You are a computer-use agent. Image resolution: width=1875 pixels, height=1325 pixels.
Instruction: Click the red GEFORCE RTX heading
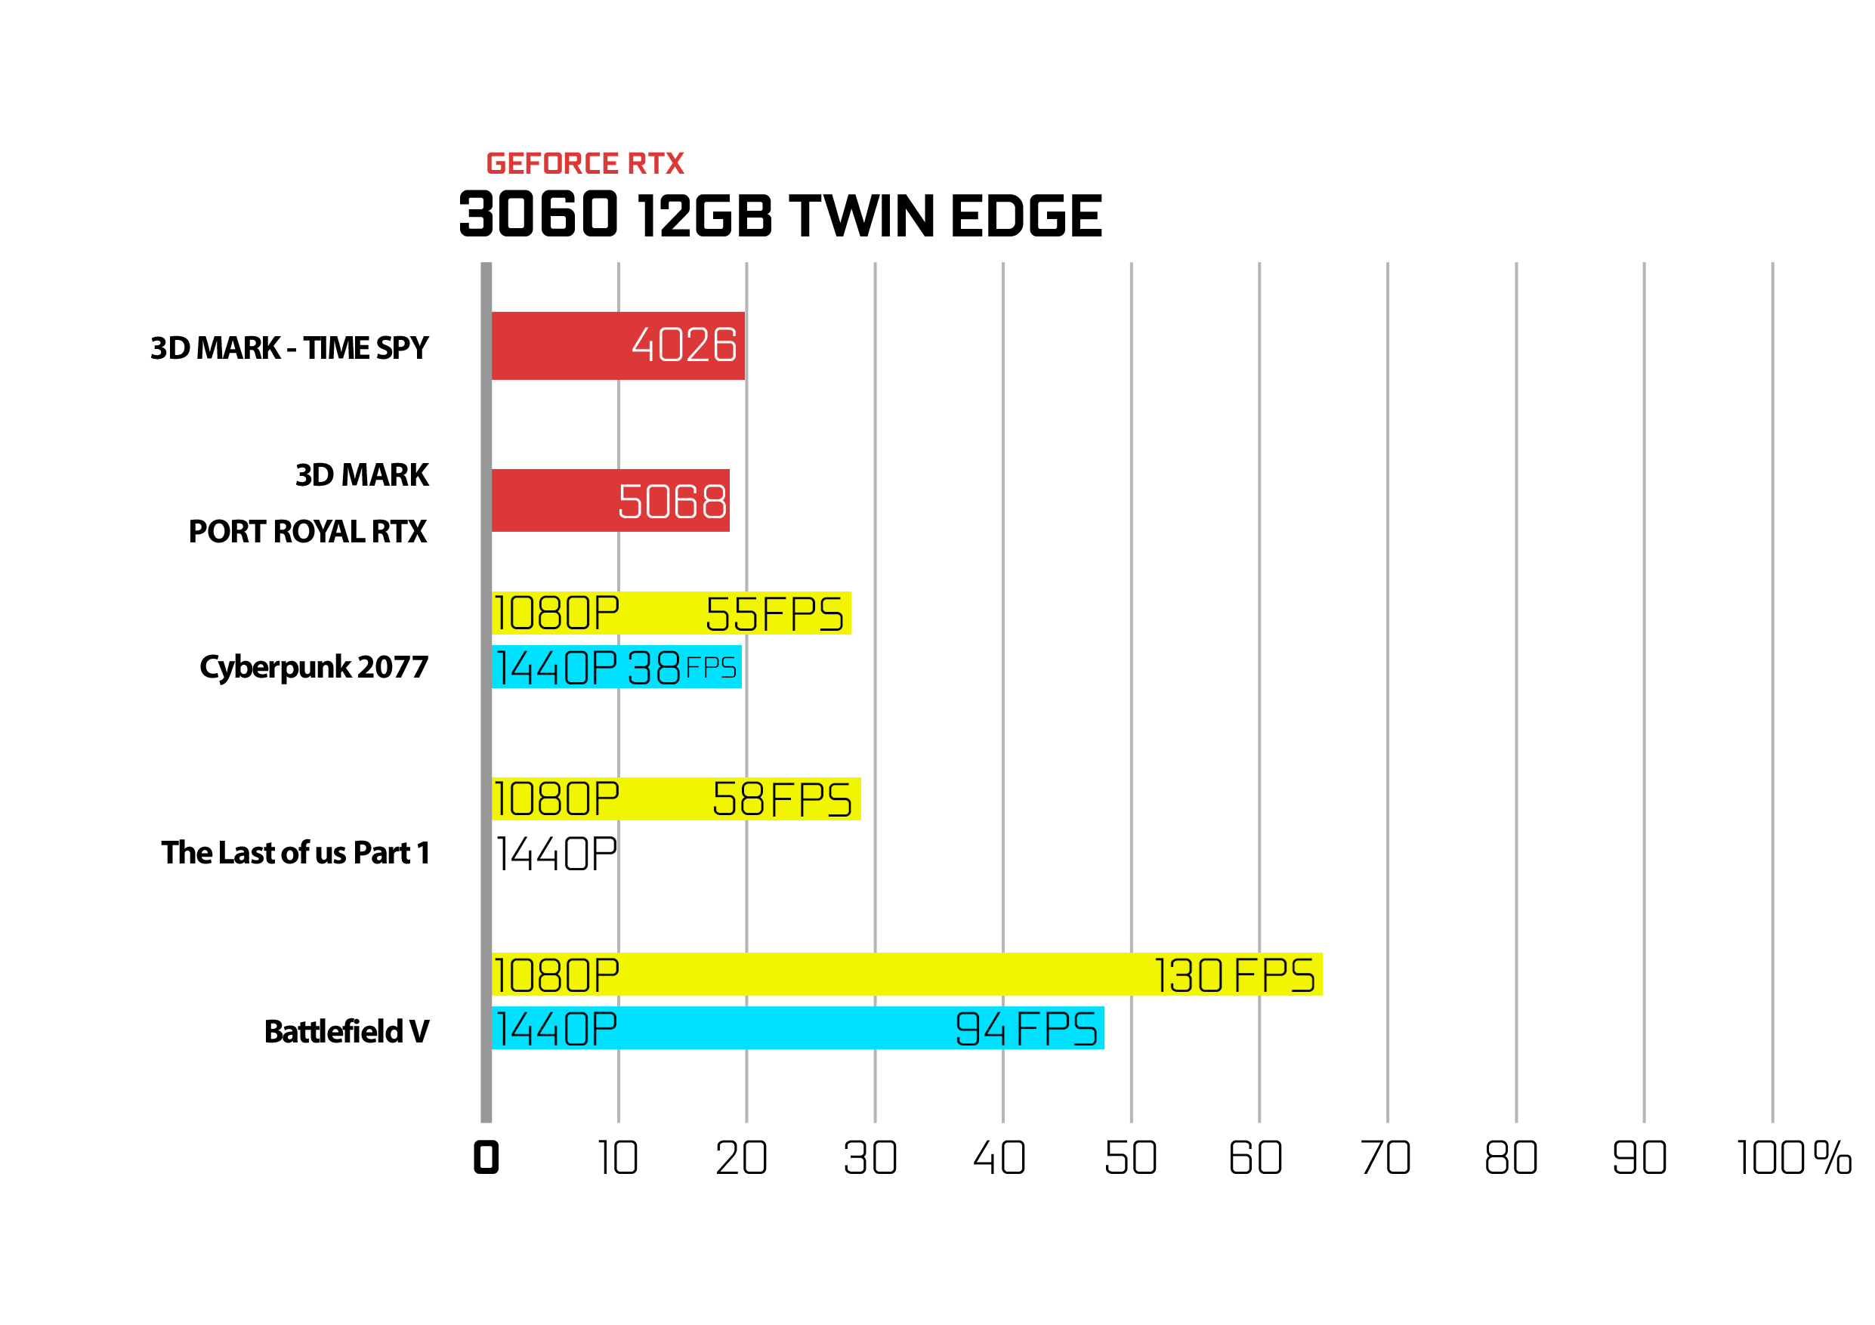pyautogui.click(x=585, y=163)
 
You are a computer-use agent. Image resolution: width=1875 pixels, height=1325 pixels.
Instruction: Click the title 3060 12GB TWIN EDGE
pyautogui.click(x=780, y=215)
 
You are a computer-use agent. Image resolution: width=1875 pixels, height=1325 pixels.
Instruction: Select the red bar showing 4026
pyautogui.click(x=617, y=345)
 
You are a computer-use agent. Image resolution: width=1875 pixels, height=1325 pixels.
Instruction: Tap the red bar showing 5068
pyautogui.click(x=610, y=500)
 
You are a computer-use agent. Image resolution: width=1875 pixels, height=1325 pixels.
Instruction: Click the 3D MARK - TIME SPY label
pyautogui.click(x=289, y=347)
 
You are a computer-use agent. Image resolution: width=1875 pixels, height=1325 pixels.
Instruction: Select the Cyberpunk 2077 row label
pyautogui.click(x=314, y=667)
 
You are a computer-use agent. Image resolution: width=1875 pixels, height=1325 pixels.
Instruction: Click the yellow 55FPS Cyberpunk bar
pyautogui.click(x=672, y=613)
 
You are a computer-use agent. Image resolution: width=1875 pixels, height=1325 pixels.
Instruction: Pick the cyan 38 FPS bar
pyautogui.click(x=616, y=667)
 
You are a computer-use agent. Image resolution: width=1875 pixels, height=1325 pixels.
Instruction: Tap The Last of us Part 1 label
pyautogui.click(x=295, y=852)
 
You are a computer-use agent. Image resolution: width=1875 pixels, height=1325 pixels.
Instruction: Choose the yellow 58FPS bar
pyautogui.click(x=676, y=798)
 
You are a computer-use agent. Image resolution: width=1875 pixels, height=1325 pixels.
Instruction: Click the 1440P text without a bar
pyautogui.click(x=556, y=854)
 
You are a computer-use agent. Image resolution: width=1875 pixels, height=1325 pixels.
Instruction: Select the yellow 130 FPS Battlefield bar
pyautogui.click(x=907, y=974)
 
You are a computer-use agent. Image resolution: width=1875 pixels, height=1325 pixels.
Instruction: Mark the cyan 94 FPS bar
pyautogui.click(x=798, y=1028)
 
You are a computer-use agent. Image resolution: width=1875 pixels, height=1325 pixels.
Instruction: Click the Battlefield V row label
pyautogui.click(x=346, y=1031)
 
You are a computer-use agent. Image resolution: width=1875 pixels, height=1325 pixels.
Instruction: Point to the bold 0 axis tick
pyautogui.click(x=486, y=1157)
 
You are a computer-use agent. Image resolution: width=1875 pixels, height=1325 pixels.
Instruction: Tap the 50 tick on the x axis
pyautogui.click(x=1130, y=1157)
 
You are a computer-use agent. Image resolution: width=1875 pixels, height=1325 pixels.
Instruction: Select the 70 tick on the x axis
pyautogui.click(x=1385, y=1157)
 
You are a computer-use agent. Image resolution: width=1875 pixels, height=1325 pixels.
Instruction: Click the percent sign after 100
pyautogui.click(x=1833, y=1157)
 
